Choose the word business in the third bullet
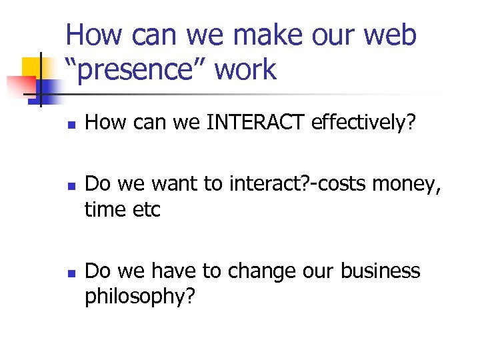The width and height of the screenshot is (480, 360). (x=380, y=271)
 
